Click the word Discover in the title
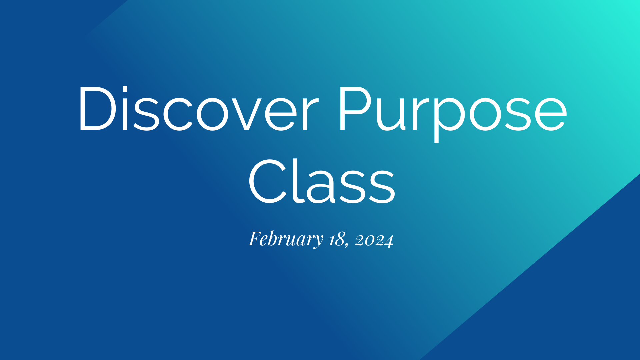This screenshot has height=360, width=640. tap(198, 108)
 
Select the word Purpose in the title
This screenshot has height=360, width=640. tap(453, 110)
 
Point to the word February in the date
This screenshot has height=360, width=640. tap(286, 239)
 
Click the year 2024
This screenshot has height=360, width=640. tap(374, 240)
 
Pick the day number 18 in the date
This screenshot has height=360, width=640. tap(337, 239)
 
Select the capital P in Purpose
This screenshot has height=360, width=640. tap(355, 108)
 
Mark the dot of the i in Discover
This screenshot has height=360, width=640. tap(125, 89)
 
